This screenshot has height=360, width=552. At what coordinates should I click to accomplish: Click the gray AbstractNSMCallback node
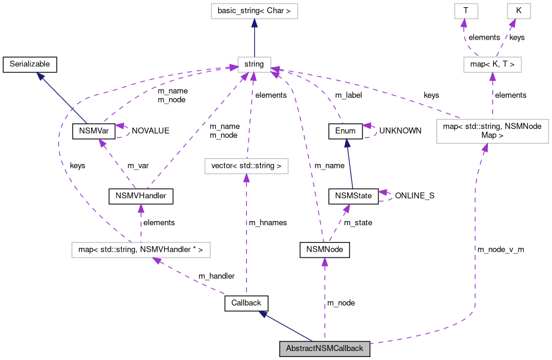point(324,349)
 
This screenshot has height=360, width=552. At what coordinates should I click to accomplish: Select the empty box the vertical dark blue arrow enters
point(254,11)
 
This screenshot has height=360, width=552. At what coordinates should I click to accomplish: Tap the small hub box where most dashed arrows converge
point(254,65)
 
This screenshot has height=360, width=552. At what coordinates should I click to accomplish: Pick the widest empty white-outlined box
point(141,250)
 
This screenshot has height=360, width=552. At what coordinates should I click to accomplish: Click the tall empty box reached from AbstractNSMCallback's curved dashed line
point(492,131)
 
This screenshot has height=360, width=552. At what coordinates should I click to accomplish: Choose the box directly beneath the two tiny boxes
point(492,65)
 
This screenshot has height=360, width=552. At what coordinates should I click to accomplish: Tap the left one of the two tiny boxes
point(466,11)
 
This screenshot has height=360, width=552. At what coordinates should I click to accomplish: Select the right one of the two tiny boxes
point(518,11)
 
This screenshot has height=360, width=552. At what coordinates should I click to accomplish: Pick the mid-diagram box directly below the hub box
point(246,166)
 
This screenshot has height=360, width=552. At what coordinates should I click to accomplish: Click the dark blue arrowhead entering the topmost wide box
point(254,23)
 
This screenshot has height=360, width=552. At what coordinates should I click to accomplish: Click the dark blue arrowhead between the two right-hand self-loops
point(347,143)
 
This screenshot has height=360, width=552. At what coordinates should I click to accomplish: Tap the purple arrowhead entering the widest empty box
point(157,261)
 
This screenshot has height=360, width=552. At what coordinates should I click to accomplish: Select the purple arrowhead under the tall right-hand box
point(485,147)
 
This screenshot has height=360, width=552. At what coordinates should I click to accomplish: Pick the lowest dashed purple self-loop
point(385,196)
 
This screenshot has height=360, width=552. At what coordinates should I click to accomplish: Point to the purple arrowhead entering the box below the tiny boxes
point(492,77)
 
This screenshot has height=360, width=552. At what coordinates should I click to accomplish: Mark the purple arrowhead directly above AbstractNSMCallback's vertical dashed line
point(324,262)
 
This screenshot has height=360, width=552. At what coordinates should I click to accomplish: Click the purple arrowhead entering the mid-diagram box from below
point(246,178)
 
